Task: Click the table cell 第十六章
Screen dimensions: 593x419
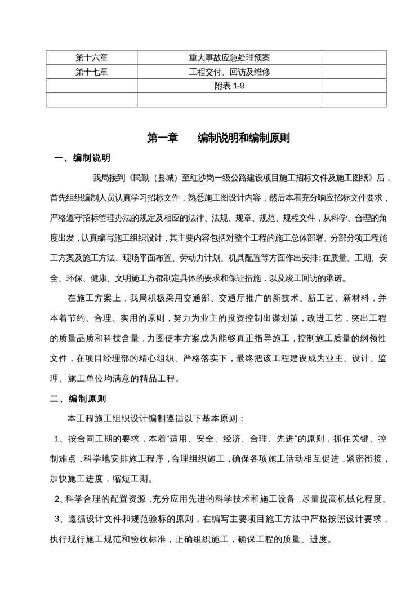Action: pyautogui.click(x=91, y=57)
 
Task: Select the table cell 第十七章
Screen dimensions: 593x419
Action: pyautogui.click(x=91, y=72)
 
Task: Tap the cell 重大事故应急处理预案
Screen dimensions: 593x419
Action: pyautogui.click(x=229, y=57)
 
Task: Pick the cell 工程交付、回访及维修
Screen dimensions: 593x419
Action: pyautogui.click(x=229, y=72)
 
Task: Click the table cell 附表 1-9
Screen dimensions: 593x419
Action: pyautogui.click(x=229, y=86)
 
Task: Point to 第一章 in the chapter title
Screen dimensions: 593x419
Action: pyautogui.click(x=162, y=138)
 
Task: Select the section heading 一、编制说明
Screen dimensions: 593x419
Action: pyautogui.click(x=82, y=158)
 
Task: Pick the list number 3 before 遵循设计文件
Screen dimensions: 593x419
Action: pyautogui.click(x=57, y=519)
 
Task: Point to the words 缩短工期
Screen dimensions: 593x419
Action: pyautogui.click(x=133, y=479)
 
